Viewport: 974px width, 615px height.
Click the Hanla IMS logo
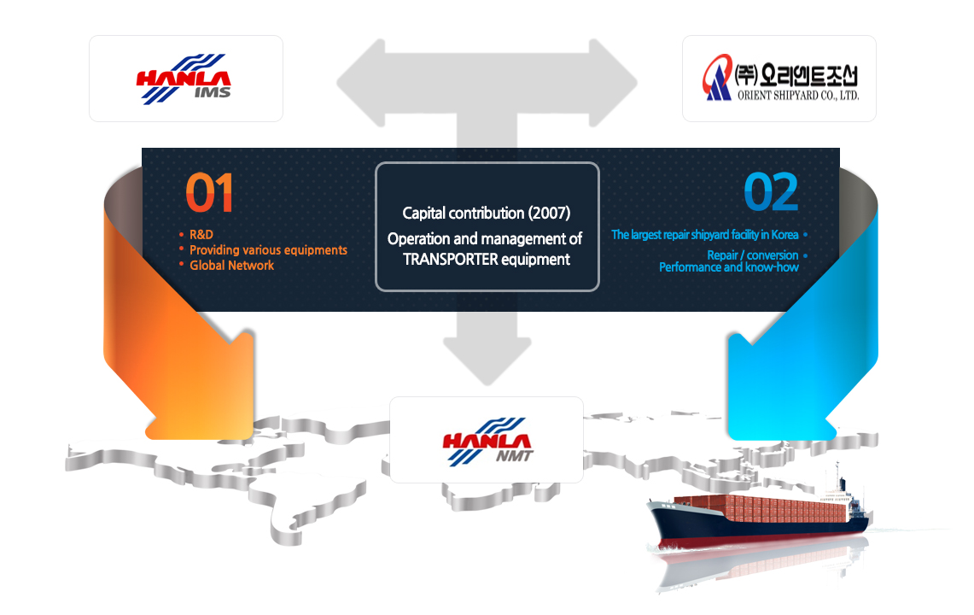pyautogui.click(x=184, y=79)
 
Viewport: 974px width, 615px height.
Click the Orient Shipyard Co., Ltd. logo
pyautogui.click(x=781, y=78)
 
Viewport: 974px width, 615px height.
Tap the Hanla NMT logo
pyautogui.click(x=487, y=442)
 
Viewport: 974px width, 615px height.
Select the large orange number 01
pyautogui.click(x=209, y=193)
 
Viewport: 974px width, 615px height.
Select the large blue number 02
pyautogui.click(x=771, y=192)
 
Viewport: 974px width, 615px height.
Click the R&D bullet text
pyautogui.click(x=201, y=234)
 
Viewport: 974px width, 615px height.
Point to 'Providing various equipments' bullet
pyautogui.click(x=268, y=250)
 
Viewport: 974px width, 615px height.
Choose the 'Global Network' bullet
pyautogui.click(x=231, y=266)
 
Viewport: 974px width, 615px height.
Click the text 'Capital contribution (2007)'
pyautogui.click(x=487, y=214)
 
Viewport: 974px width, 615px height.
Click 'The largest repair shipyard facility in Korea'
pyautogui.click(x=705, y=235)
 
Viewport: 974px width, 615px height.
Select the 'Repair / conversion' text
pyautogui.click(x=753, y=255)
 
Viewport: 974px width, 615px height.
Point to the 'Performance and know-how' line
pyautogui.click(x=729, y=267)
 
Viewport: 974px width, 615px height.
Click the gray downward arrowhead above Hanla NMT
pyautogui.click(x=487, y=360)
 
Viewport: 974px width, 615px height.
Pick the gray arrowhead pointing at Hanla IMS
pyautogui.click(x=361, y=83)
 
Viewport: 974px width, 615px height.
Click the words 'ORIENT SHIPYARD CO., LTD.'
pyautogui.click(x=798, y=95)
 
